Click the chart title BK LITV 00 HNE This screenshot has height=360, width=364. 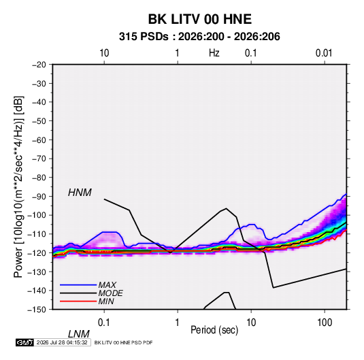[200, 19]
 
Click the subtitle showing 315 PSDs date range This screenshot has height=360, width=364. [199, 37]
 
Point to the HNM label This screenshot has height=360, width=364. [80, 193]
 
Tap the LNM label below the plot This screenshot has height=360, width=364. [78, 334]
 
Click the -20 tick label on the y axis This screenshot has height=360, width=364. [39, 65]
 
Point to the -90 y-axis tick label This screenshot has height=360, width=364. [39, 196]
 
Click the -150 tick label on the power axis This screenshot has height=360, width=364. [37, 310]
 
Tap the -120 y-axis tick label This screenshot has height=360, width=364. [37, 252]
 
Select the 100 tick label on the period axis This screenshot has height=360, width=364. [325, 323]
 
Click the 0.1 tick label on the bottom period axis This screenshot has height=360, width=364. [104, 323]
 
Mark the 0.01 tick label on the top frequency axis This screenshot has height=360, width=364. [324, 53]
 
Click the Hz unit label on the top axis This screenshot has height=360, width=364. [214, 53]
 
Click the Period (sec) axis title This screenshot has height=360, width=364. [214, 330]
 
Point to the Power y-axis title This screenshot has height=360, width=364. [18, 187]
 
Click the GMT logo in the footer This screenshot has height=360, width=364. [24, 342]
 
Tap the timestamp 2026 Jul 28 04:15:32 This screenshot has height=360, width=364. [62, 342]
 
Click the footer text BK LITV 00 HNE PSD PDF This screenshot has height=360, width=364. [124, 342]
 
